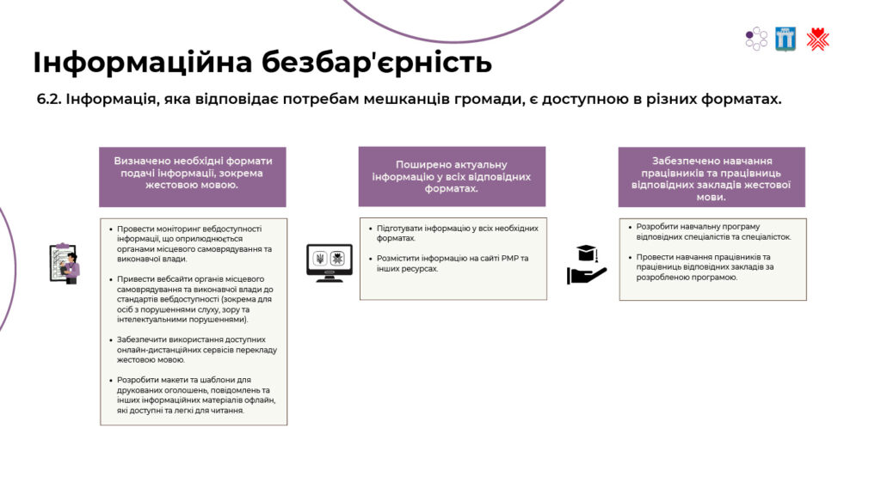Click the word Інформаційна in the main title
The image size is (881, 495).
(x=142, y=62)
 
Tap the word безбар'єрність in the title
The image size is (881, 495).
(x=377, y=62)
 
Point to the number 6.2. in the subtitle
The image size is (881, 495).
(x=49, y=100)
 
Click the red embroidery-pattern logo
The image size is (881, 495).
(x=817, y=40)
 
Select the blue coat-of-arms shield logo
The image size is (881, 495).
(x=786, y=40)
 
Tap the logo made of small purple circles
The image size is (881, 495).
(x=755, y=39)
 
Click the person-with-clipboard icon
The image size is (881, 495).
(x=65, y=264)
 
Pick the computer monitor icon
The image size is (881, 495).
(x=330, y=262)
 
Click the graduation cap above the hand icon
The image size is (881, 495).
(x=586, y=254)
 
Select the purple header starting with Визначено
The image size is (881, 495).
(x=193, y=177)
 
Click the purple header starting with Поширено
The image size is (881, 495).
(x=452, y=176)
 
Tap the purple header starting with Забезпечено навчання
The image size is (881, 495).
(x=712, y=177)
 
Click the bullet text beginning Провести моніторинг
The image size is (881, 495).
(x=194, y=243)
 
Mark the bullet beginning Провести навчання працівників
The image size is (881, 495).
(x=705, y=267)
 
